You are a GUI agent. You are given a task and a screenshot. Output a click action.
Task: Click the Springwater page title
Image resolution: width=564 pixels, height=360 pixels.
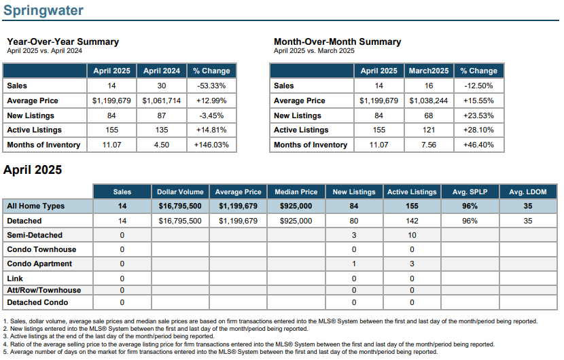tap(43, 10)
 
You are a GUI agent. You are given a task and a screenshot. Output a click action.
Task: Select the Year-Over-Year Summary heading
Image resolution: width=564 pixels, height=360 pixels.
tap(63, 41)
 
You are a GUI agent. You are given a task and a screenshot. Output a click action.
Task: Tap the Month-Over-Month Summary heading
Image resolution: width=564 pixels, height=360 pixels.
tap(338, 41)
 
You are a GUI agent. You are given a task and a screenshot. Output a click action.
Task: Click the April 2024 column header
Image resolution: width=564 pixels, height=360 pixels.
tap(162, 71)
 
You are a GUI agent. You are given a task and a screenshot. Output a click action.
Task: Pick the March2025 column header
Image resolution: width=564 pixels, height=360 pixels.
tap(429, 71)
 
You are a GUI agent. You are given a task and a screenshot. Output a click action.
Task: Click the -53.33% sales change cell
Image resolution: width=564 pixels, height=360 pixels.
tap(211, 86)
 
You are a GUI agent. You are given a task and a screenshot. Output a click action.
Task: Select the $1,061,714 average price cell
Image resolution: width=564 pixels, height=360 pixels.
tap(162, 101)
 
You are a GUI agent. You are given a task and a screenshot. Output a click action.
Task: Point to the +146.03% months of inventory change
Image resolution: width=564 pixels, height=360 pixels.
tap(211, 145)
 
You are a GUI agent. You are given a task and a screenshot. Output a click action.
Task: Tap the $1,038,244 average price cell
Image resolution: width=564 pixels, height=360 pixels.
tap(429, 101)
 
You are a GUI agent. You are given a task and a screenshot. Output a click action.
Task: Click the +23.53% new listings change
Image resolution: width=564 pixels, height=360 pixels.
tap(478, 115)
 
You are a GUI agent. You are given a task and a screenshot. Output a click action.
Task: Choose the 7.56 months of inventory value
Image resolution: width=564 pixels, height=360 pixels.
tap(429, 145)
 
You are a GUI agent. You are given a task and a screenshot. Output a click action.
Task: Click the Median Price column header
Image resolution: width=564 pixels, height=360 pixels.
tap(296, 192)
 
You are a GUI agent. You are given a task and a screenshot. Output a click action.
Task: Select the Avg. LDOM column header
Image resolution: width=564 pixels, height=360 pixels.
tap(528, 192)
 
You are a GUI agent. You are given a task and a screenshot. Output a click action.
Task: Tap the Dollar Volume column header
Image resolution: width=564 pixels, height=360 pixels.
tap(180, 192)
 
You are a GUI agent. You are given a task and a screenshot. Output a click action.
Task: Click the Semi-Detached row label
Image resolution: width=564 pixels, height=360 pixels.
tap(35, 235)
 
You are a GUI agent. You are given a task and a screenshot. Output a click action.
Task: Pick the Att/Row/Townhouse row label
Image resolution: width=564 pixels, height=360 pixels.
tap(44, 290)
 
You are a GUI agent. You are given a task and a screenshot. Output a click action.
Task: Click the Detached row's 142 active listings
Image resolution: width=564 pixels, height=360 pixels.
tap(412, 221)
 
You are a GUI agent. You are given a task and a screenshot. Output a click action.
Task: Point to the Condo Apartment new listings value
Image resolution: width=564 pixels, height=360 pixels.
tap(354, 264)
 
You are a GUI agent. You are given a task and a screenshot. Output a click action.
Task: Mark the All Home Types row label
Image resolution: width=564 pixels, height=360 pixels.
tap(35, 206)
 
